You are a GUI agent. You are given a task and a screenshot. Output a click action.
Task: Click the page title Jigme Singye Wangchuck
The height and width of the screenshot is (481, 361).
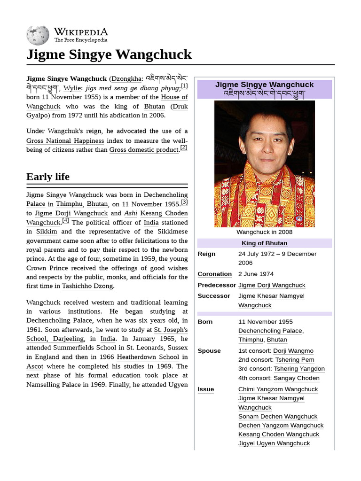pos(109,54)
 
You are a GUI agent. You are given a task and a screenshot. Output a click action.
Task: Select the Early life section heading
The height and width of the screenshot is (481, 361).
pos(48,177)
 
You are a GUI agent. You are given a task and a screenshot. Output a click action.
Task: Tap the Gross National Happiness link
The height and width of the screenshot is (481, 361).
pos(65,141)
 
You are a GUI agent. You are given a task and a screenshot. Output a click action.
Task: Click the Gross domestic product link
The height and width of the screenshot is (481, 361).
pos(144,150)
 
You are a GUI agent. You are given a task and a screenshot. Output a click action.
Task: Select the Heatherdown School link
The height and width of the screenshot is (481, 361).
pos(148,357)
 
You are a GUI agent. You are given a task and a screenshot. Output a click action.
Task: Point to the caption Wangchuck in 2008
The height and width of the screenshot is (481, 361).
pos(264,232)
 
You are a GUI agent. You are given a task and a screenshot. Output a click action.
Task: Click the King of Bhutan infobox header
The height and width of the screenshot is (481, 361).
pos(264,243)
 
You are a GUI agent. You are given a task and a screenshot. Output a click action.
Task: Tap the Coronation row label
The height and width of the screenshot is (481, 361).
pos(214,274)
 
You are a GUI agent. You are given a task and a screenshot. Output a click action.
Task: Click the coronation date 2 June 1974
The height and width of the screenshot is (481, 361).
pos(256,274)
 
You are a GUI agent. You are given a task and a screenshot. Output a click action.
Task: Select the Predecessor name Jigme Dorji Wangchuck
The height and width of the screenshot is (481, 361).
pos(272,285)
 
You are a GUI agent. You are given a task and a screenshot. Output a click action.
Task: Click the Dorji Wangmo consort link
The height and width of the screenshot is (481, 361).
pos(293,351)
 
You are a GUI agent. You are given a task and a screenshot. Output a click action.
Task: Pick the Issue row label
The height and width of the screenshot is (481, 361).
pos(205,389)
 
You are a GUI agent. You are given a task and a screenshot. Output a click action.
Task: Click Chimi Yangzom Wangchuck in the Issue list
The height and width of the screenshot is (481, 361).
pos(278,389)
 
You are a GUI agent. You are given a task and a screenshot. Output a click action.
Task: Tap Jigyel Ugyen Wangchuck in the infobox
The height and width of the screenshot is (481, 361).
pos(274,443)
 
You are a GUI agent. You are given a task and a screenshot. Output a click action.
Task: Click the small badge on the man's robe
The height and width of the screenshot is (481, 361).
pos(299,218)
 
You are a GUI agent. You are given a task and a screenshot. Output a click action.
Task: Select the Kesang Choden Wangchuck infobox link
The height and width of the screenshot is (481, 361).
pos(278,434)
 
